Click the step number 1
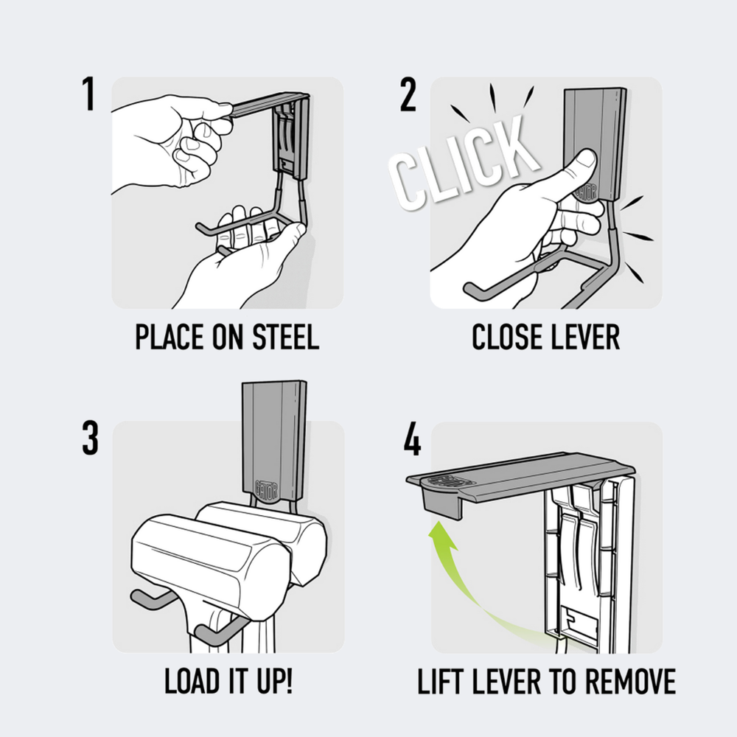pos(88,94)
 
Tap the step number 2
pos(408,94)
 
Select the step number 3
pos(90,438)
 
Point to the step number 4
pos(412,439)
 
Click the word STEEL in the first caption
pos(286,337)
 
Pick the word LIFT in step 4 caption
pos(440,681)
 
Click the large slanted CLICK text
pos(463,162)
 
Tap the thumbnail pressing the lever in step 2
pos(587,159)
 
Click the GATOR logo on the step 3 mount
pos(266,489)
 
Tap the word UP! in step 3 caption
pos(275,680)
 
